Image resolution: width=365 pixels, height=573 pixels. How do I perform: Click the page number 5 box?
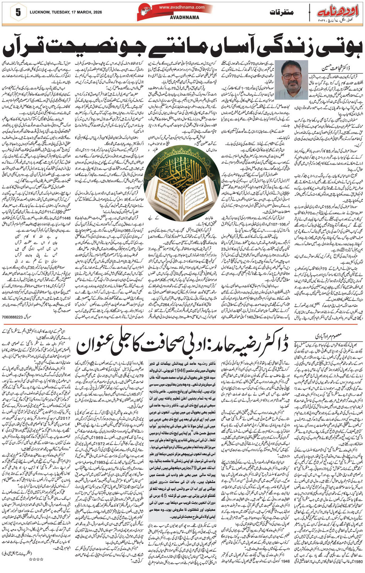(x=18, y=12)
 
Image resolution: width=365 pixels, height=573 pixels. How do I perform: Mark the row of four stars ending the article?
(x=37, y=559)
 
